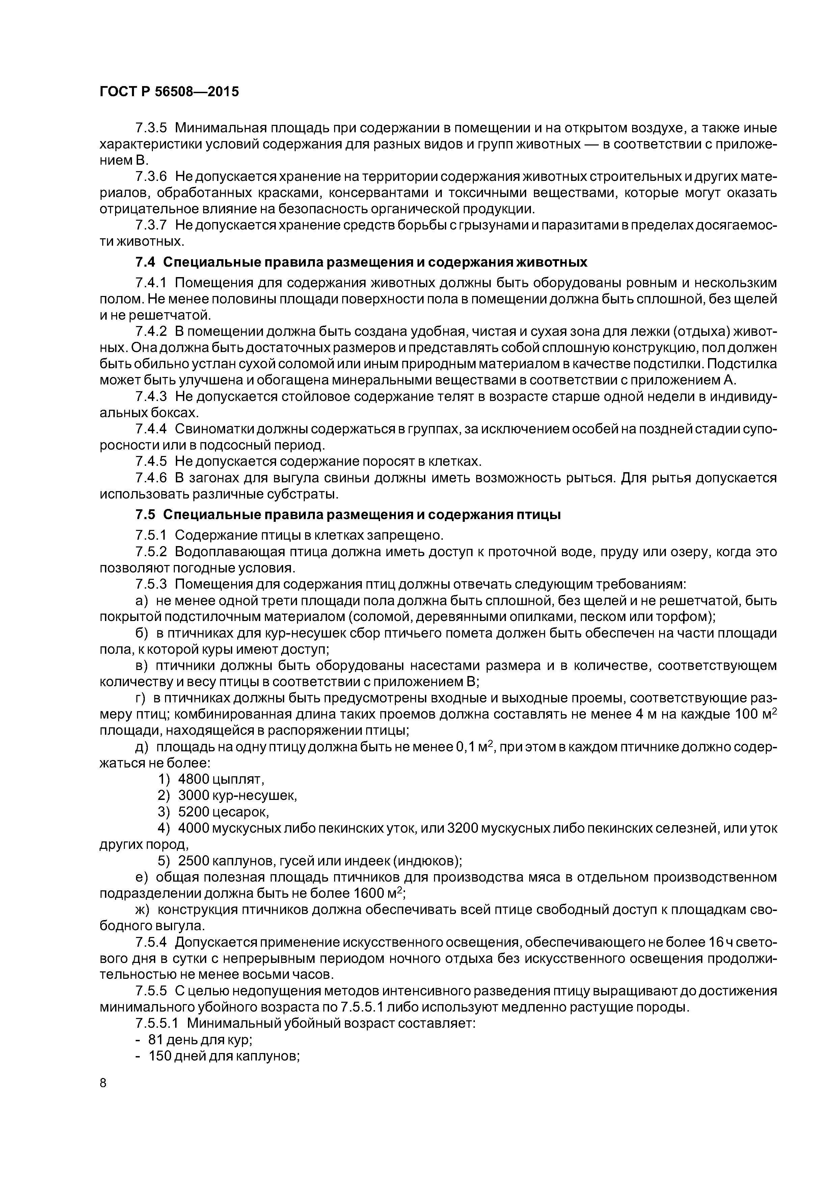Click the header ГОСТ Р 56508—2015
coord(169,92)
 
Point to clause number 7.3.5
coord(151,128)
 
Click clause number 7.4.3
coord(151,397)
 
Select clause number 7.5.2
coord(151,552)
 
